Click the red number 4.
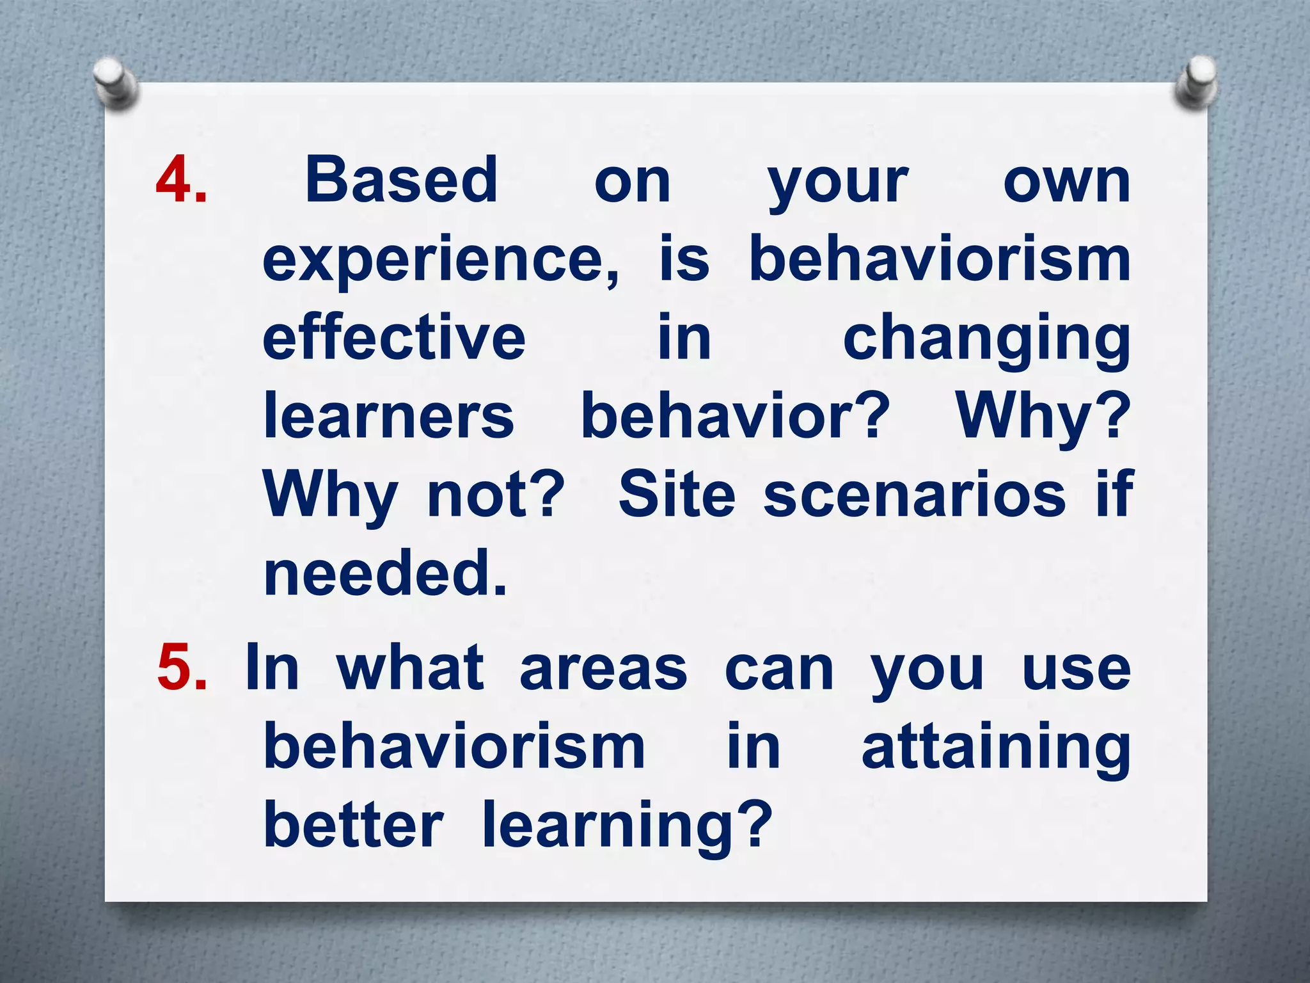[181, 181]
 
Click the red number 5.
[182, 668]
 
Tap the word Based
[401, 181]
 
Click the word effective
[394, 337]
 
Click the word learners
[389, 416]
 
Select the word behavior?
[735, 416]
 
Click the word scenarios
[915, 495]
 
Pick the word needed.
[385, 573]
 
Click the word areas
[603, 669]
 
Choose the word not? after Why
[496, 495]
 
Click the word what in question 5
[410, 668]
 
